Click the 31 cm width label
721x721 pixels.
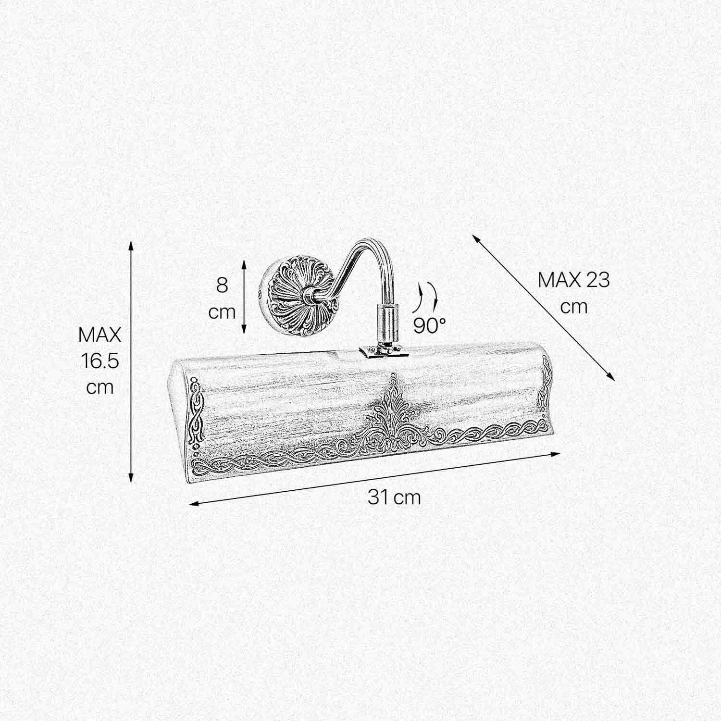394,497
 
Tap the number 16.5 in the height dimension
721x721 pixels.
99,361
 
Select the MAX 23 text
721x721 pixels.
573,280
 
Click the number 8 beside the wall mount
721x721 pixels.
222,285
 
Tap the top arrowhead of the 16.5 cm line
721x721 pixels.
131,246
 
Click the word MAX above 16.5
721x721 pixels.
100,335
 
